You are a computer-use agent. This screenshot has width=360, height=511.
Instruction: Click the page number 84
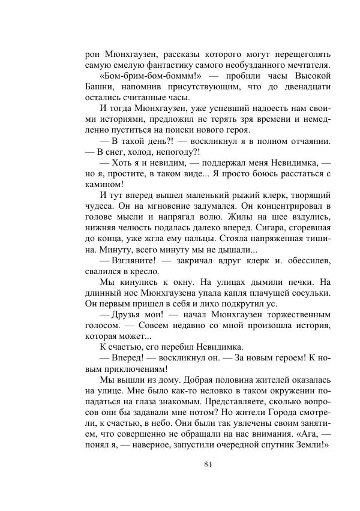[x=208, y=464]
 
